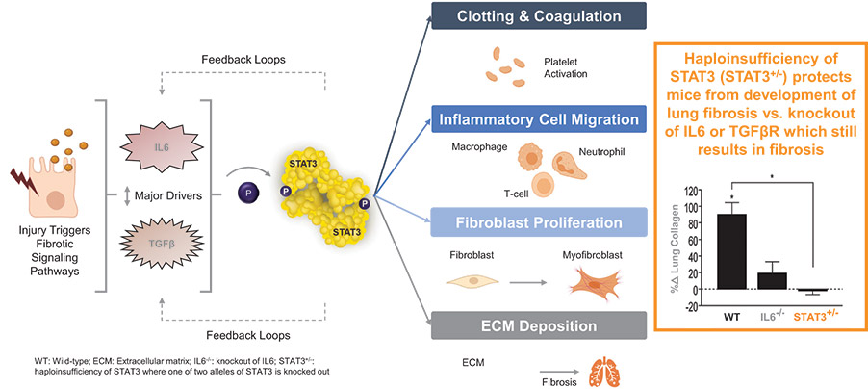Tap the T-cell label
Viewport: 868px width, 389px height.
pyautogui.click(x=500, y=191)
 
